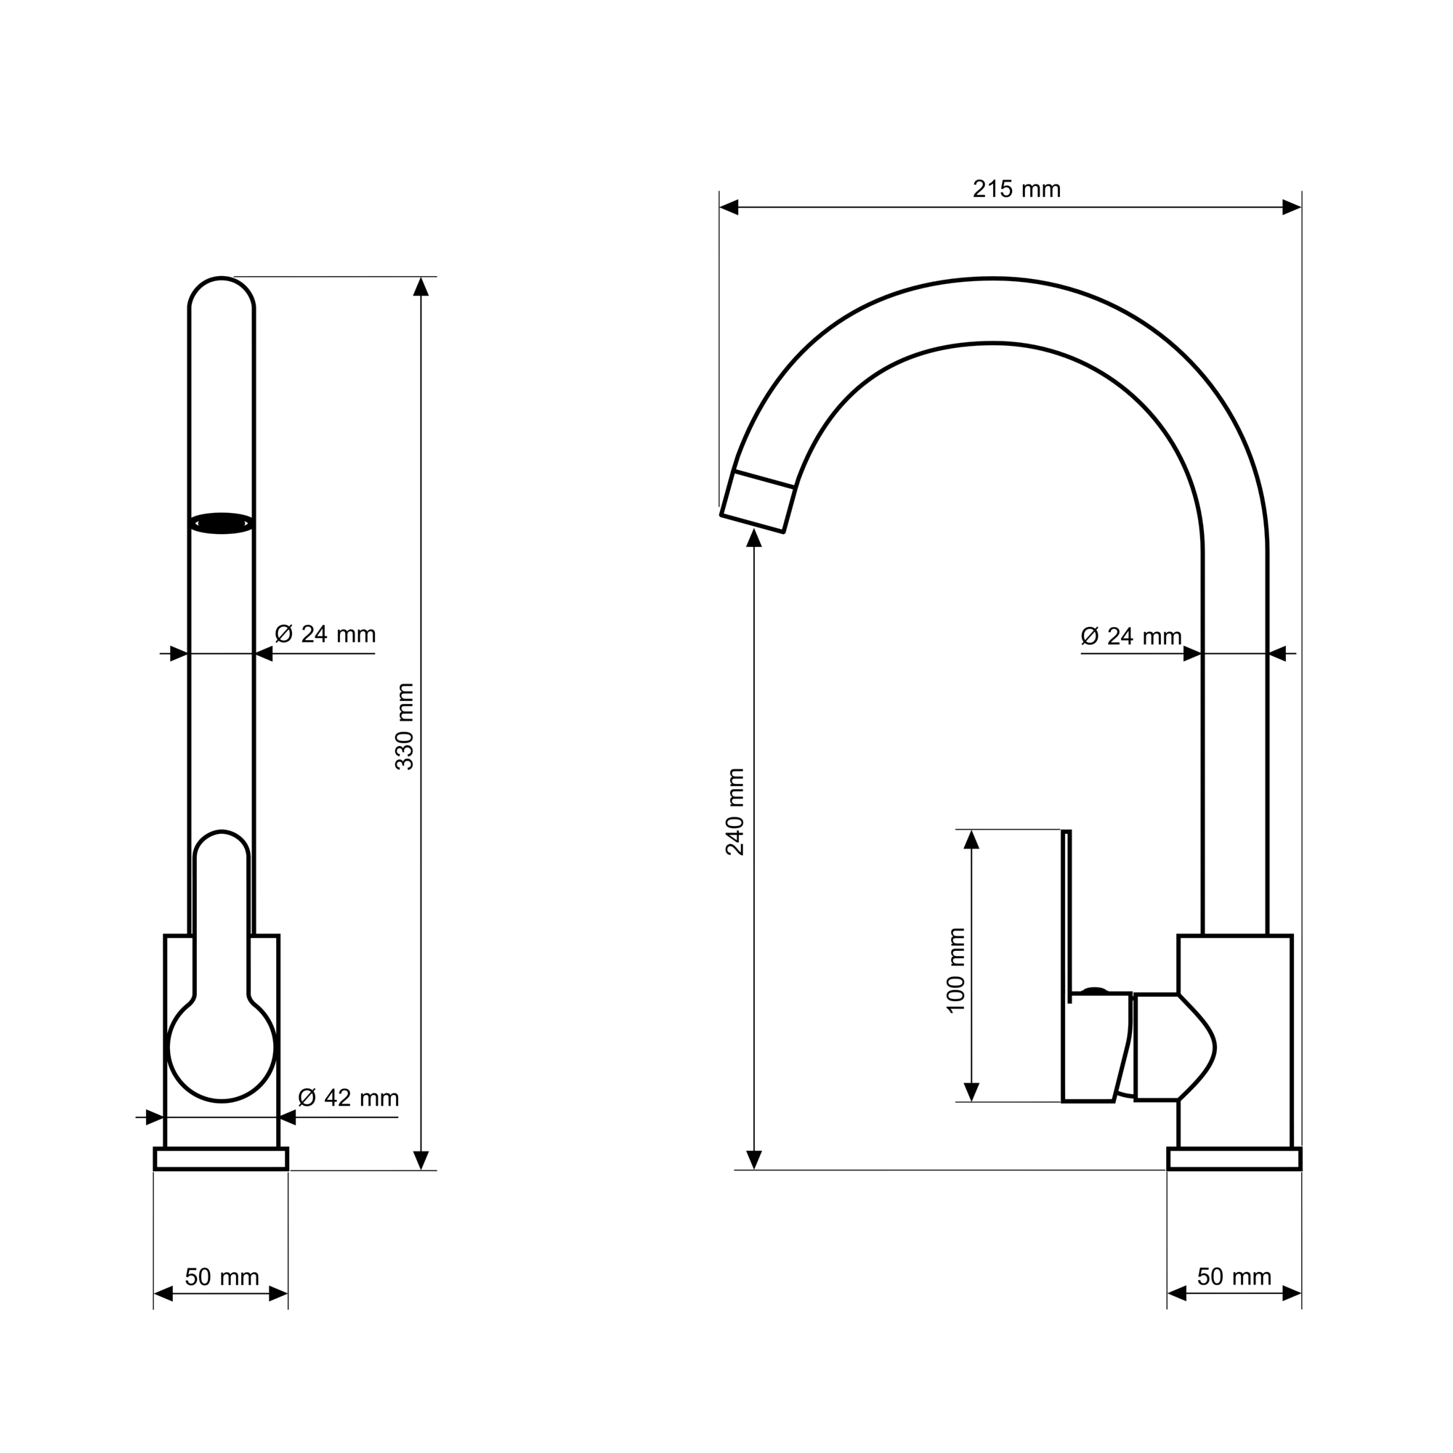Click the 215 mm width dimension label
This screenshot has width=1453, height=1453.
pyautogui.click(x=1016, y=189)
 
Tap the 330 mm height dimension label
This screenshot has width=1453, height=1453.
pyautogui.click(x=405, y=726)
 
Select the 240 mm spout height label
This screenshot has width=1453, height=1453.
pyautogui.click(x=734, y=812)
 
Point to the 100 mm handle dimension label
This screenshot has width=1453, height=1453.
pyautogui.click(x=955, y=971)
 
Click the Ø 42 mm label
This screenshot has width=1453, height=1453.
pyautogui.click(x=348, y=1098)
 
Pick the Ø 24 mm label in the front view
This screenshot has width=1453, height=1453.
pyautogui.click(x=325, y=634)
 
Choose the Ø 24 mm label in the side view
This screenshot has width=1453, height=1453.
pyautogui.click(x=1131, y=636)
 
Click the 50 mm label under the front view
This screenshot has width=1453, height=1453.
pyautogui.click(x=222, y=1277)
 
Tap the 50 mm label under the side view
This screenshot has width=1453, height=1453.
pyautogui.click(x=1234, y=1276)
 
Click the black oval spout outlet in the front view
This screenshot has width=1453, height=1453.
pyautogui.click(x=222, y=523)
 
